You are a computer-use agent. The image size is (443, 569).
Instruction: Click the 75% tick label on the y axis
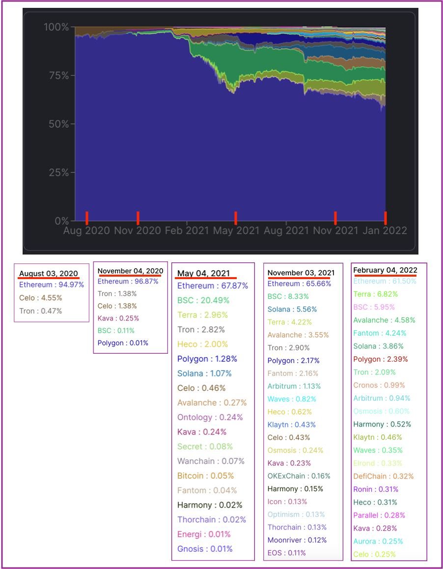click(58, 75)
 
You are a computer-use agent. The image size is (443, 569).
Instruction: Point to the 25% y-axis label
click(58, 172)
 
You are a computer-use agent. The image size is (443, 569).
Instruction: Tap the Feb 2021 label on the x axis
click(186, 230)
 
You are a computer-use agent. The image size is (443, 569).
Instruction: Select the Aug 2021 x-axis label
click(286, 230)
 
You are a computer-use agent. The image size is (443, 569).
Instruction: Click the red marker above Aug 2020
click(87, 218)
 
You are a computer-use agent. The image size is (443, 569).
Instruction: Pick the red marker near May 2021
click(236, 218)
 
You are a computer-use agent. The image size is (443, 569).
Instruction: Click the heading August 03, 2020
click(49, 274)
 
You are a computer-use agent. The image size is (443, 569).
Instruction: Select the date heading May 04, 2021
click(203, 273)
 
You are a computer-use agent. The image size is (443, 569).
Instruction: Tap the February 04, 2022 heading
click(385, 270)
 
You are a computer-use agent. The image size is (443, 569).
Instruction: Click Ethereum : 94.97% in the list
click(52, 284)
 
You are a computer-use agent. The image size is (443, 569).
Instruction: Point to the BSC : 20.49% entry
click(203, 300)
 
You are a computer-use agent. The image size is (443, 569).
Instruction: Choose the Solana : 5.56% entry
click(292, 310)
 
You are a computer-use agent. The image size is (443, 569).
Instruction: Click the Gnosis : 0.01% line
click(205, 549)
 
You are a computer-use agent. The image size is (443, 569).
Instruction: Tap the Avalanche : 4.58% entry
click(384, 320)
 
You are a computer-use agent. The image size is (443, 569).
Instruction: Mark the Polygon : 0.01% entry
click(123, 343)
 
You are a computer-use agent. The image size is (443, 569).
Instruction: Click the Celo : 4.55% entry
click(41, 298)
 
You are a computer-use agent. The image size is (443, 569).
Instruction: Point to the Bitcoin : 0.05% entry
click(205, 476)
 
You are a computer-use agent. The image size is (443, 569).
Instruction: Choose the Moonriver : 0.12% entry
click(297, 540)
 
